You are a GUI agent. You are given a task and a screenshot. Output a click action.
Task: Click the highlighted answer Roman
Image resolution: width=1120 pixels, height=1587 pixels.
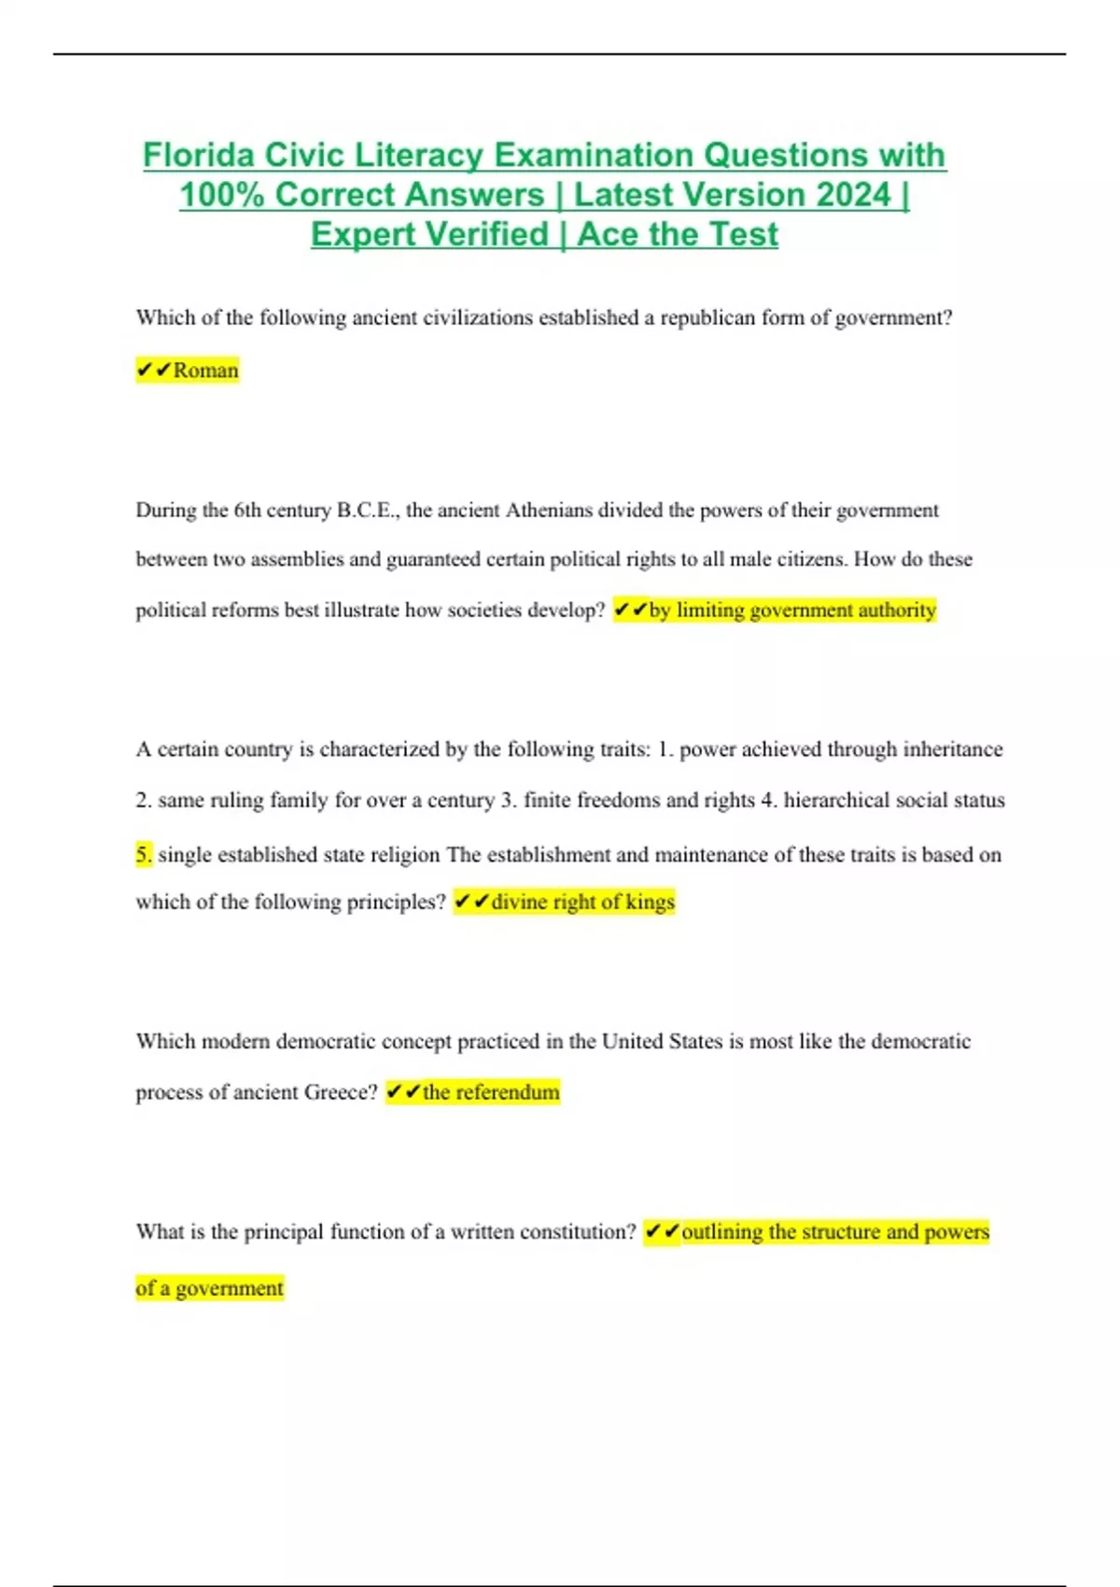tap(205, 371)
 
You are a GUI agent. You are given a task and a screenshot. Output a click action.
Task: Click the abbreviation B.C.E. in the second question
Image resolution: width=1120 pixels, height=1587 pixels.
tap(368, 511)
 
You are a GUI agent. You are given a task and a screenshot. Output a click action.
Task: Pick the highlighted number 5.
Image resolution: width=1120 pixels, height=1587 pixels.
tap(143, 854)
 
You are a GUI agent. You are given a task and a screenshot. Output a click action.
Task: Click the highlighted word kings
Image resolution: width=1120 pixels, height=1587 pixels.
tap(650, 903)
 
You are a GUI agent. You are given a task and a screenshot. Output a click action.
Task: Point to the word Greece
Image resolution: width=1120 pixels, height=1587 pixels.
tap(340, 1093)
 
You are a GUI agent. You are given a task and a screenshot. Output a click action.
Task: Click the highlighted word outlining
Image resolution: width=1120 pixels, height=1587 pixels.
tap(721, 1232)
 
